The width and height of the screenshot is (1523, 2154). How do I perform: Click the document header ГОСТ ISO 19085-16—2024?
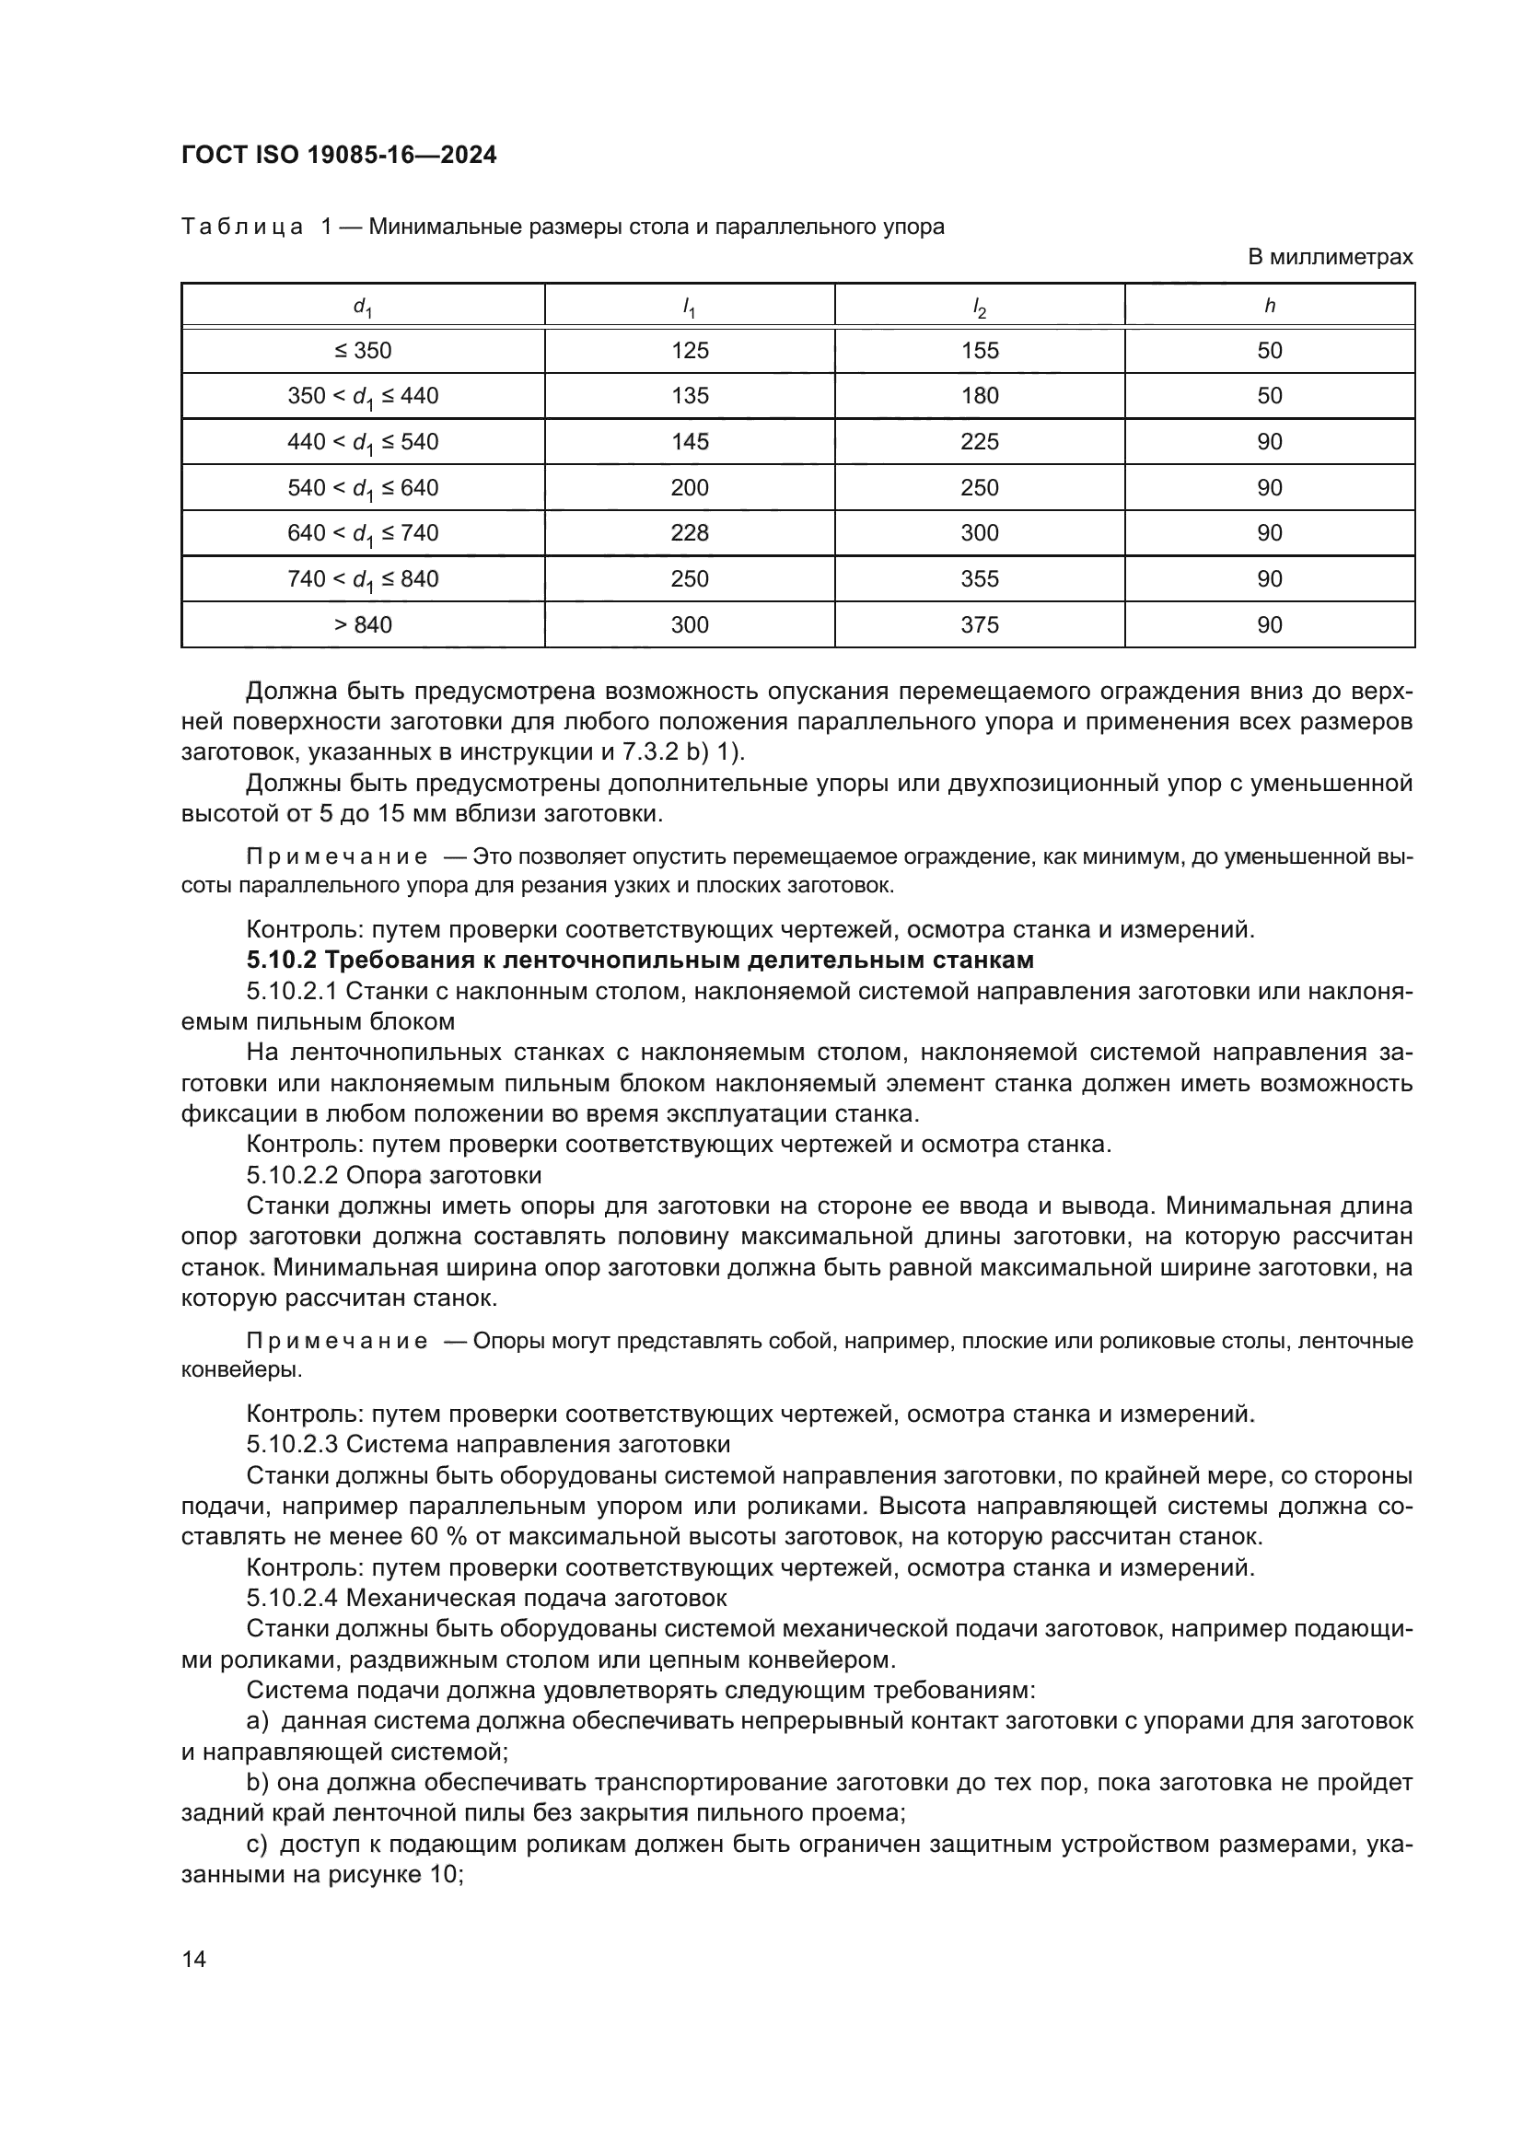(x=339, y=155)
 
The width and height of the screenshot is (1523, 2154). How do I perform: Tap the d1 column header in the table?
(x=362, y=306)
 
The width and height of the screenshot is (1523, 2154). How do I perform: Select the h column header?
(x=1269, y=305)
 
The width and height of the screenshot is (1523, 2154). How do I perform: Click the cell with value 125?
(x=690, y=351)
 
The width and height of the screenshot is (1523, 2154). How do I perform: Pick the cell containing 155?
(x=979, y=351)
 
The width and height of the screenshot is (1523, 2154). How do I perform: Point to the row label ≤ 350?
(x=362, y=351)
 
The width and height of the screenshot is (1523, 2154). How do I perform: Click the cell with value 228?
(x=690, y=533)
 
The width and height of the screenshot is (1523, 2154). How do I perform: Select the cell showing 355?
(x=979, y=579)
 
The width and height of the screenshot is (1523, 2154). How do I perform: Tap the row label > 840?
(x=362, y=624)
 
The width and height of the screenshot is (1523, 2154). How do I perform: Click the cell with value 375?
(x=979, y=624)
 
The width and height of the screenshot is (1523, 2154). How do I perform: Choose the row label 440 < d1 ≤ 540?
(x=362, y=442)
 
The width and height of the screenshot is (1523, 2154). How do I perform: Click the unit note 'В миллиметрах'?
(x=1329, y=257)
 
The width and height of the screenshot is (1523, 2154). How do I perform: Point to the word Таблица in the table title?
(x=242, y=227)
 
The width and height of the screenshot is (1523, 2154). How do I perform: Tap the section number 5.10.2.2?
(x=293, y=1175)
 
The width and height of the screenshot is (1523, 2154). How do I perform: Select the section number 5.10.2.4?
(x=293, y=1598)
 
